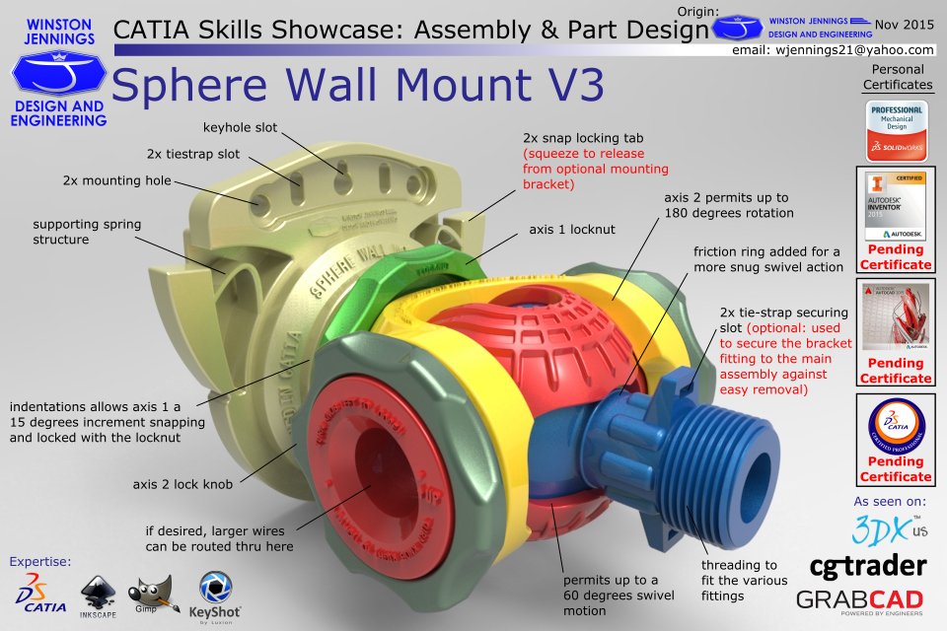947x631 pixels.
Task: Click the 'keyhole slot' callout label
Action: [x=240, y=127]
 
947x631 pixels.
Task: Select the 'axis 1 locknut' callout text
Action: [x=572, y=229]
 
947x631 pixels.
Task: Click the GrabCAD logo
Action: [x=859, y=599]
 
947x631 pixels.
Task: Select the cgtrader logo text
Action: [x=867, y=565]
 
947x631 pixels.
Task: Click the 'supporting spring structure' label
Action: [x=86, y=231]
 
